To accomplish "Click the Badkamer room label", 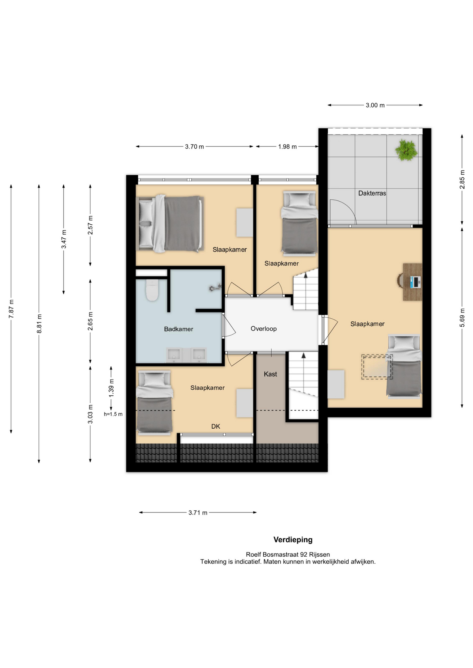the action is click(x=178, y=329).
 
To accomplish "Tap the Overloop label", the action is click(x=264, y=328).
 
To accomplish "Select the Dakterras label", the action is click(x=372, y=193).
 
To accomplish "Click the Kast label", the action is click(x=270, y=374).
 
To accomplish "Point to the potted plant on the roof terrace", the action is click(x=406, y=150).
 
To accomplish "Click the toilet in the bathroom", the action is click(x=152, y=290).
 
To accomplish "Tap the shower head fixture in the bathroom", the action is click(x=215, y=287).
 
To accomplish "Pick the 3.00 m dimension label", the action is click(x=375, y=105).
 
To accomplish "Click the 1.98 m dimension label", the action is click(x=287, y=146).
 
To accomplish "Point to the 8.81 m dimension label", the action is click(x=39, y=324).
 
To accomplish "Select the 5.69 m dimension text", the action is click(x=462, y=318).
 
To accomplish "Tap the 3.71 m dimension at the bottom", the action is click(x=198, y=512).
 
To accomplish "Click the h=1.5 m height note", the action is click(x=113, y=414).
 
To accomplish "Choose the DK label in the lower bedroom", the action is click(x=216, y=426).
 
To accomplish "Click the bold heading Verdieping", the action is click(x=293, y=540).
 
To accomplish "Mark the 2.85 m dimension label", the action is click(x=462, y=180).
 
